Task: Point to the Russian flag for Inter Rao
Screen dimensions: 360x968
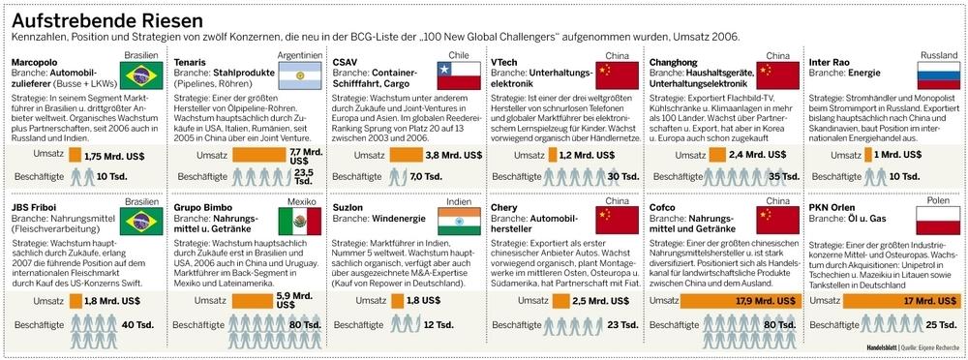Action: (938, 76)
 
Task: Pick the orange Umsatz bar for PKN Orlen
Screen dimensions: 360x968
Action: (872, 300)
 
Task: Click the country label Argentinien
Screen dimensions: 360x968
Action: (301, 54)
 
